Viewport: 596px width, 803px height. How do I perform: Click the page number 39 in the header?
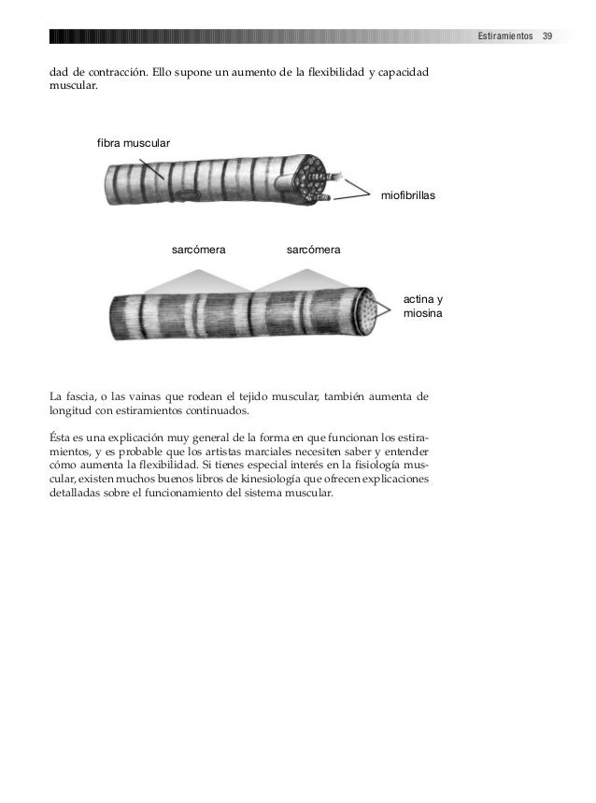[x=547, y=36]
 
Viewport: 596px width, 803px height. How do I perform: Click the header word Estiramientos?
[x=504, y=36]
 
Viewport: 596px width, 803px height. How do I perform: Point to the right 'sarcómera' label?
[x=313, y=251]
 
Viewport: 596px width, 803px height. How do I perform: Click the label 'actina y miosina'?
[x=423, y=307]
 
